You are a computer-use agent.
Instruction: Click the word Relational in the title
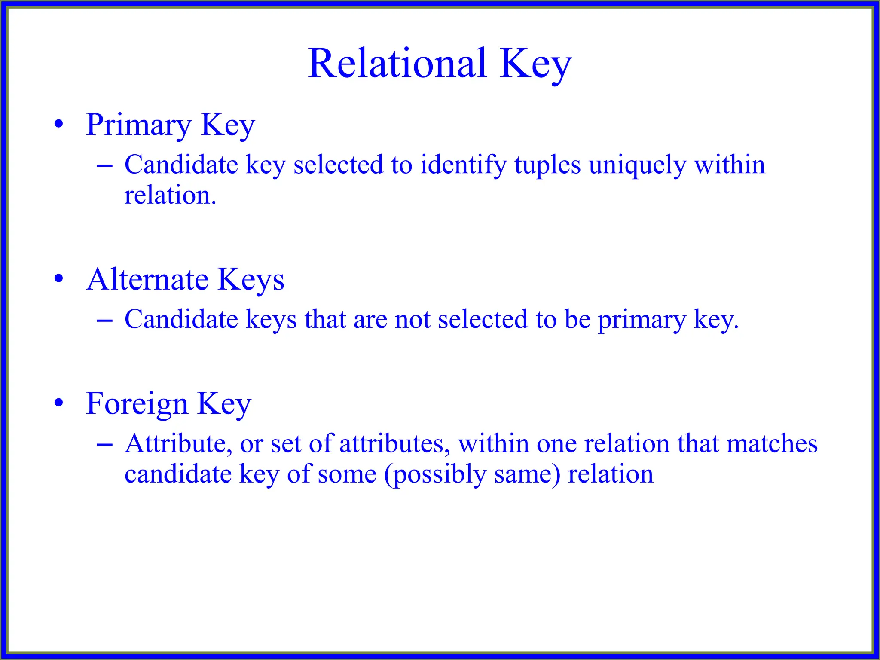pyautogui.click(x=397, y=64)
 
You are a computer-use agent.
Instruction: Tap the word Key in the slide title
pyautogui.click(x=535, y=64)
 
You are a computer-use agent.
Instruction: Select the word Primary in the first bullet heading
pyautogui.click(x=138, y=125)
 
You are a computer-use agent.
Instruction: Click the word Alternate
pyautogui.click(x=147, y=279)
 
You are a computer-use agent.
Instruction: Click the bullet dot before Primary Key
pyautogui.click(x=59, y=125)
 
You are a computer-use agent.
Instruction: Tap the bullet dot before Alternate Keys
pyautogui.click(x=59, y=278)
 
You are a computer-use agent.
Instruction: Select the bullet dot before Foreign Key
pyautogui.click(x=59, y=403)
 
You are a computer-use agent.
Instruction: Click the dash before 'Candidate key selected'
pyautogui.click(x=105, y=165)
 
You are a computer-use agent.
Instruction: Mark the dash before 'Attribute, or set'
pyautogui.click(x=105, y=444)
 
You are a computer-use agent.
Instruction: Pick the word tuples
pyautogui.click(x=547, y=165)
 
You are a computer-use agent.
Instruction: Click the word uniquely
pyautogui.click(x=637, y=165)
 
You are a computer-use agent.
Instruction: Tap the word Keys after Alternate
pyautogui.click(x=251, y=280)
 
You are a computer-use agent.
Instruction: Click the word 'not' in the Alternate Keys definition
pyautogui.click(x=412, y=320)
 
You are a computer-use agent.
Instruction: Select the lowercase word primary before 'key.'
pyautogui.click(x=642, y=321)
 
